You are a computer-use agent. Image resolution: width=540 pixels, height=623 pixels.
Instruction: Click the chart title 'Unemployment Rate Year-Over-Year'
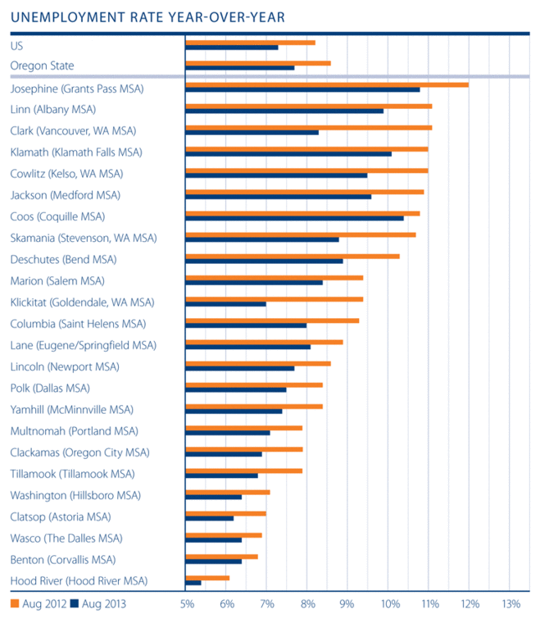click(148, 16)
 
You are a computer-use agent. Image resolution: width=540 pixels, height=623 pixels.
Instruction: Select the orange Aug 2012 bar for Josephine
click(327, 84)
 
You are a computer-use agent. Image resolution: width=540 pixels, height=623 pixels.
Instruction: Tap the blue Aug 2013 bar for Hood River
click(193, 583)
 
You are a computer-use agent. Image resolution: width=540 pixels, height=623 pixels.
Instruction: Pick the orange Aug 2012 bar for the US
click(251, 42)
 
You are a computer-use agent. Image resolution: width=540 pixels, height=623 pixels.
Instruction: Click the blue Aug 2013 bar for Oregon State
click(240, 67)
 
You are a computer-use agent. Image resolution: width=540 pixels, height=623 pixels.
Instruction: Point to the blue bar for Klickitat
click(226, 304)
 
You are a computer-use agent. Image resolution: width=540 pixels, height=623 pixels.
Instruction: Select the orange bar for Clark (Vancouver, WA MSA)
click(309, 127)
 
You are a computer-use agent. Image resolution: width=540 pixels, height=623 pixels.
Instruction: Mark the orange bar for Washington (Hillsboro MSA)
click(228, 492)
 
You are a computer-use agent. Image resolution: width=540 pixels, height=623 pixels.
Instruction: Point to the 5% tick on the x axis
click(187, 604)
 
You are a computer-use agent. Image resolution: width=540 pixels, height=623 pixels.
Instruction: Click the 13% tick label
click(510, 604)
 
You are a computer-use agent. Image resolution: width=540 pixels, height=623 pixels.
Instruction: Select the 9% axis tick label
click(348, 604)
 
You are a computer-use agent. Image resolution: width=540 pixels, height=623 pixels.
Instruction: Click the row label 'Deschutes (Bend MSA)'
click(63, 259)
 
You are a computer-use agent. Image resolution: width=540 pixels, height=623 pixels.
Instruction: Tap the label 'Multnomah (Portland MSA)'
click(75, 430)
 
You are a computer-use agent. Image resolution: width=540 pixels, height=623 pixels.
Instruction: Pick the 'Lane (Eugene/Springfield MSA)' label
click(83, 345)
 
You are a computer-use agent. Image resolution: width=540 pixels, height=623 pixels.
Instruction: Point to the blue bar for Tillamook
click(222, 475)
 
